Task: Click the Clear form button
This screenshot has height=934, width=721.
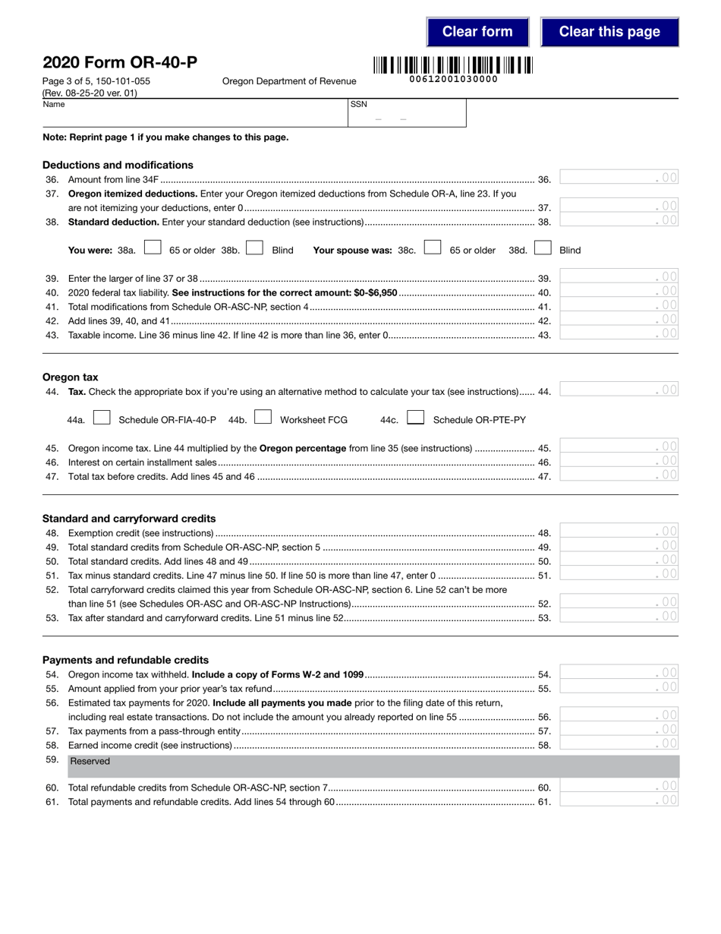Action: (477, 32)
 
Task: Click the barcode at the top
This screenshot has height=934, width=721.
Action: (452, 65)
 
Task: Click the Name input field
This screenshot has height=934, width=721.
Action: (194, 117)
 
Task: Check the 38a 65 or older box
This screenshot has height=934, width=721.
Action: (153, 248)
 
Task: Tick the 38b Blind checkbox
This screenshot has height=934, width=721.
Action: (255, 248)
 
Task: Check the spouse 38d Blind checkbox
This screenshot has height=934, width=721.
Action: (543, 248)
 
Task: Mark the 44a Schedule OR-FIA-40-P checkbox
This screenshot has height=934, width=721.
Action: (102, 418)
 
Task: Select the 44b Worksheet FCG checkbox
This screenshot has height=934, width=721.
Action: (263, 418)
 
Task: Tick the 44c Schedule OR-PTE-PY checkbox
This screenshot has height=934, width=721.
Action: (415, 418)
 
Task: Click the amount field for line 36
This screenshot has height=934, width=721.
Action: (619, 178)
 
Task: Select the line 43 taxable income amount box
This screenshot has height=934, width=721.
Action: (619, 333)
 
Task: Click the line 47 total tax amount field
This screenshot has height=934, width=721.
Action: (619, 475)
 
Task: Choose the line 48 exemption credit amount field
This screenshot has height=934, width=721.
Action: (619, 531)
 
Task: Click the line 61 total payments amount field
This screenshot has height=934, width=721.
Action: (619, 800)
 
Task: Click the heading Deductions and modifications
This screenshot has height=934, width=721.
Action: (118, 165)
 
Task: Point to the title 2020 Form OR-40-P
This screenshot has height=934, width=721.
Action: (119, 63)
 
